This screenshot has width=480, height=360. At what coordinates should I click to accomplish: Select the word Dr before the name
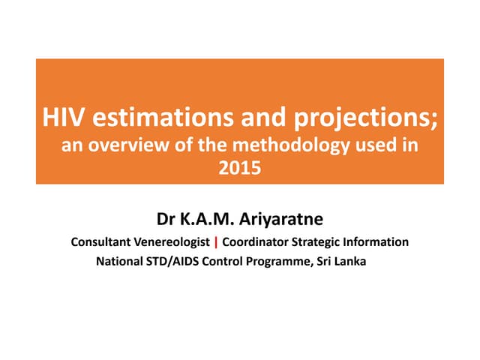(166, 220)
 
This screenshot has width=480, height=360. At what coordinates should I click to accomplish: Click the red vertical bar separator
(216, 243)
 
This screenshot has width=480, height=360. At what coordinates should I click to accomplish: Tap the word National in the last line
(118, 262)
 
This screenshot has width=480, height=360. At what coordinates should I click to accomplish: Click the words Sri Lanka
(344, 262)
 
